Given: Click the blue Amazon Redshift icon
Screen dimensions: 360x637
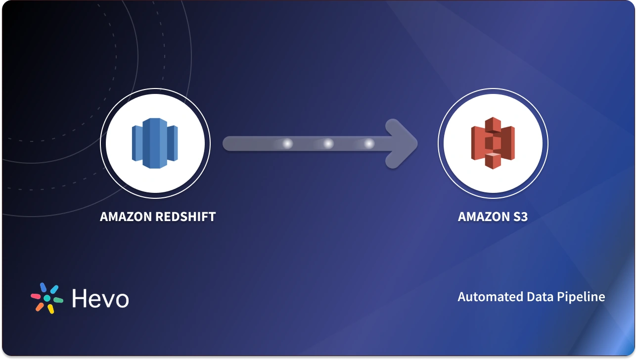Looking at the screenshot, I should [155, 143].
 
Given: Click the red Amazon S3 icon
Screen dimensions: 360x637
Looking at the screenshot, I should [493, 143].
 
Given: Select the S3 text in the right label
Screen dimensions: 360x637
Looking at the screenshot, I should [519, 217].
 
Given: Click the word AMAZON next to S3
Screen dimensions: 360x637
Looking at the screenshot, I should [483, 217].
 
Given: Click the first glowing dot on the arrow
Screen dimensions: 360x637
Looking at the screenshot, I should [287, 144].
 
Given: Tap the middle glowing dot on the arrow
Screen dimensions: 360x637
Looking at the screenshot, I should [328, 144].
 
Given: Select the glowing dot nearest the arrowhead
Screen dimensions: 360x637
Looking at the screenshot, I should [369, 144].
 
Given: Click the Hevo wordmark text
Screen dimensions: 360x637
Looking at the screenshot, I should [100, 298].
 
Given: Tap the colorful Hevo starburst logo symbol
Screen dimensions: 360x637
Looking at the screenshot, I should [47, 298].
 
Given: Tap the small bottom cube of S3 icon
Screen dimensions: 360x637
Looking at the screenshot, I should [493, 161].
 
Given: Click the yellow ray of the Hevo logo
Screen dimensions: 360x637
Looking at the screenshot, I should [50, 309].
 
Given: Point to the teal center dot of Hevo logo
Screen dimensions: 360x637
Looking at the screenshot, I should [47, 298].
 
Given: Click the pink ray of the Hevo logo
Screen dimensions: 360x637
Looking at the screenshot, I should [36, 296].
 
